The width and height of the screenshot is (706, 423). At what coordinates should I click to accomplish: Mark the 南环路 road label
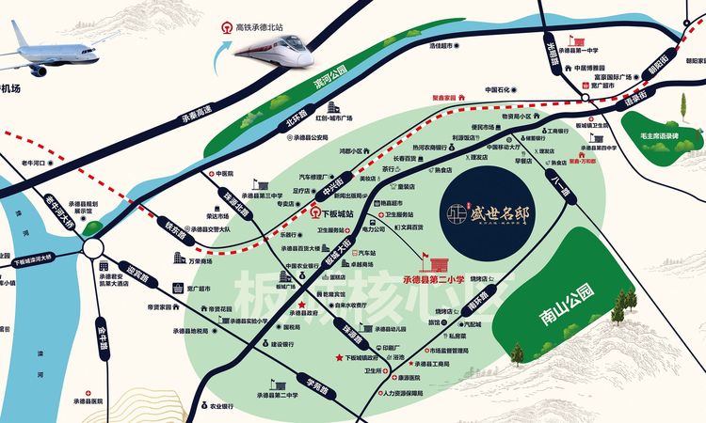coord(467,304)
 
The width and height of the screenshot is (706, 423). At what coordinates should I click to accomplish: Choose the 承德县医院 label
coord(95,399)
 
